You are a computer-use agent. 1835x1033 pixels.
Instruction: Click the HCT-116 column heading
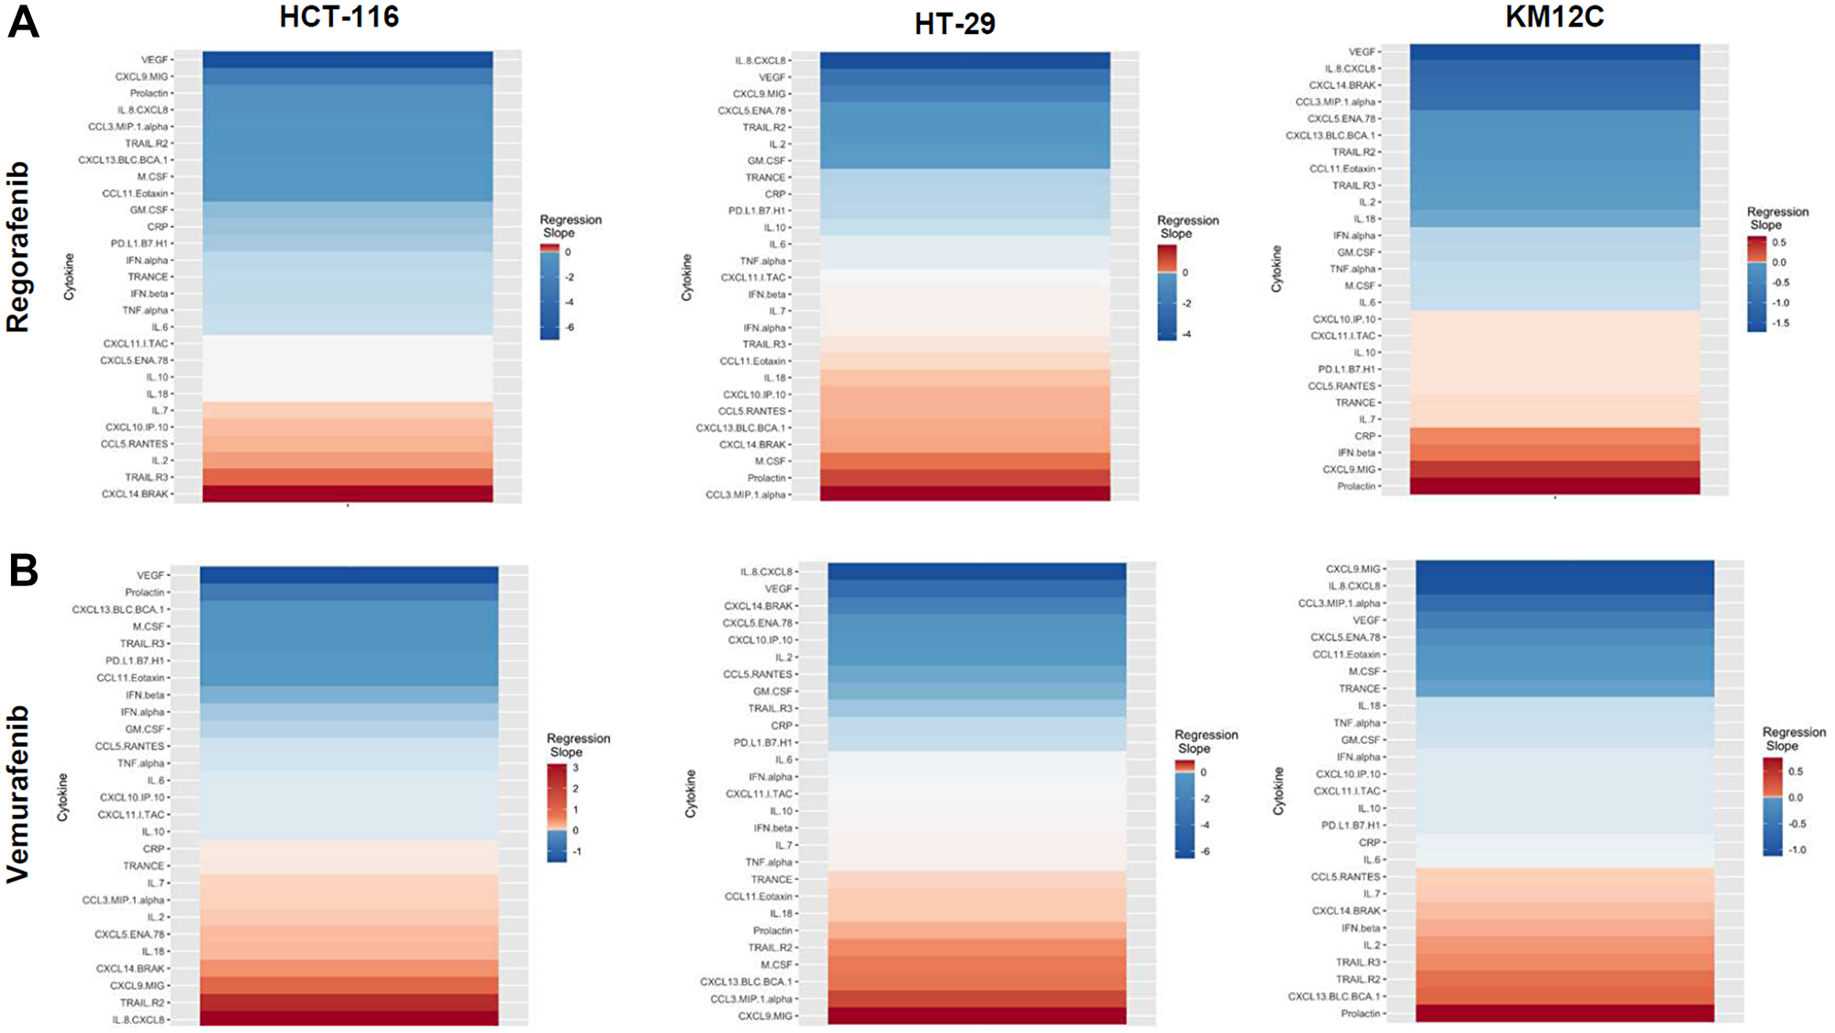pyautogui.click(x=339, y=17)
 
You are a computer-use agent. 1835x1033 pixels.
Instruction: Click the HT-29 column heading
pyautogui.click(x=954, y=23)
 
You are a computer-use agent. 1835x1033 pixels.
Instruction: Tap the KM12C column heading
pyautogui.click(x=1554, y=17)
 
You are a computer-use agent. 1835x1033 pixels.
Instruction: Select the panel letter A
pyautogui.click(x=23, y=22)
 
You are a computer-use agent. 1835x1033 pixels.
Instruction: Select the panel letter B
pyautogui.click(x=23, y=570)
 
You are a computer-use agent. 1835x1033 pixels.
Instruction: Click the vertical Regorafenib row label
pyautogui.click(x=18, y=247)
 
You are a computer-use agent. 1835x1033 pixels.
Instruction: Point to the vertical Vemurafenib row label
pyautogui.click(x=18, y=794)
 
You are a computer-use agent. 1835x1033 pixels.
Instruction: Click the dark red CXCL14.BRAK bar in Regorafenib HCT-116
pyautogui.click(x=347, y=494)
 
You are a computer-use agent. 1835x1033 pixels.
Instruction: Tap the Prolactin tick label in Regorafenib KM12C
pyautogui.click(x=1356, y=486)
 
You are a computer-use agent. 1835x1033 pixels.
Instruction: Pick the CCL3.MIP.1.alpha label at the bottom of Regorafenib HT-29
pyautogui.click(x=745, y=494)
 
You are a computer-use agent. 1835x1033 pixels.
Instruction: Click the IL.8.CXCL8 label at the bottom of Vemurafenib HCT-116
pyautogui.click(x=139, y=1019)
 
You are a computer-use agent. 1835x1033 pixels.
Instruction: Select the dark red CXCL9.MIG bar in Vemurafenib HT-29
pyautogui.click(x=976, y=1016)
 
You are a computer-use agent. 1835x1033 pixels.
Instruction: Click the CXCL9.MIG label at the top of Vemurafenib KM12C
pyautogui.click(x=1352, y=569)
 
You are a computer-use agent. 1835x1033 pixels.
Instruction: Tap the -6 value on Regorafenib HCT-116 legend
pyautogui.click(x=570, y=328)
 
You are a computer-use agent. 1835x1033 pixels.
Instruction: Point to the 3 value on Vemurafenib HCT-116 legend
pyautogui.click(x=576, y=768)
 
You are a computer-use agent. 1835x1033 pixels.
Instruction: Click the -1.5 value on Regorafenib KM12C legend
pyautogui.click(x=1780, y=323)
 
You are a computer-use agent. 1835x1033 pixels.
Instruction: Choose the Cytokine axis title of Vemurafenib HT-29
pyautogui.click(x=690, y=794)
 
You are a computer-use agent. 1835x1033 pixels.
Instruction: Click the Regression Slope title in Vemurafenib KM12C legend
pyautogui.click(x=1793, y=739)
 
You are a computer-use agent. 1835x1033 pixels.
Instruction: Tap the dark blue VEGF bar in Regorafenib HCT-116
pyautogui.click(x=347, y=60)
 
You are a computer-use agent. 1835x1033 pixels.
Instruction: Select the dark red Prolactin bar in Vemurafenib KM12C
pyautogui.click(x=1564, y=1013)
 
